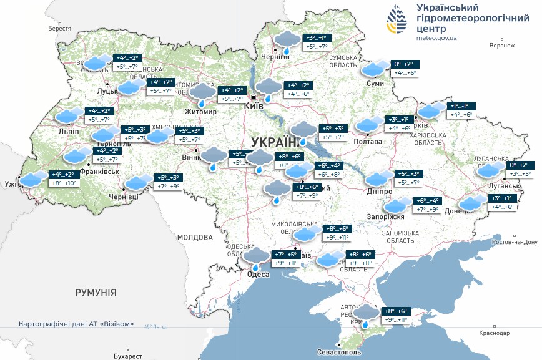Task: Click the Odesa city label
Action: click(259, 275)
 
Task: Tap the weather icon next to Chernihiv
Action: click(287, 42)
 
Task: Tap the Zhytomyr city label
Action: click(200, 112)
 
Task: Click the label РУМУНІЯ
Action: click(96, 292)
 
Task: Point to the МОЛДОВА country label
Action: click(195, 237)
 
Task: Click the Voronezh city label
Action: click(502, 46)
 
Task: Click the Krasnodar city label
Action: click(495, 333)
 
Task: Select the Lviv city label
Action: click(67, 132)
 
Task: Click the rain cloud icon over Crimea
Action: click(366, 314)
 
